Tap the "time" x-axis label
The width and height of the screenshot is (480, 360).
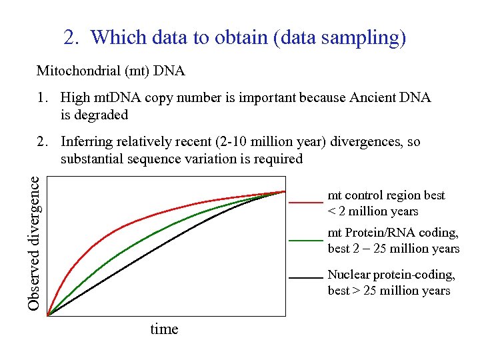[164, 329]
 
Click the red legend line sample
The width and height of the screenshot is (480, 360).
[306, 201]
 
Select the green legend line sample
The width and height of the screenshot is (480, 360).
[306, 240]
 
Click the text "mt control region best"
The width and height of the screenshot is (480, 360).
[386, 195]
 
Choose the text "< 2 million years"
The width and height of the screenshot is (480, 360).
[373, 211]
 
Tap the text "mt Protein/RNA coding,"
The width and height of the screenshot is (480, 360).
[393, 233]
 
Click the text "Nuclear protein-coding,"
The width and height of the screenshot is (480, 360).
[391, 275]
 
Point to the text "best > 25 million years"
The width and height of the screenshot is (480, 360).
[389, 291]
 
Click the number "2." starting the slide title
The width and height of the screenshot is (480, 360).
[71, 37]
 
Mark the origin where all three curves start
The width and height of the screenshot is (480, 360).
[48, 315]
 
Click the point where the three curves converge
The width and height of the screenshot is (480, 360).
[285, 191]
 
